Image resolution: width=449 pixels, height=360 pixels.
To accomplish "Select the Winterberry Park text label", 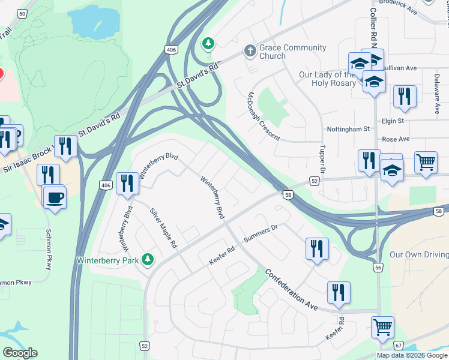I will pos(107,260).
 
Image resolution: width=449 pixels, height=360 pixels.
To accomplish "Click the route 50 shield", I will pos(22,14).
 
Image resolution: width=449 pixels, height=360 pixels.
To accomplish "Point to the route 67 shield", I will pos(399,345).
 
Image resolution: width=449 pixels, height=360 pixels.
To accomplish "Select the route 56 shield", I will pos(378,267).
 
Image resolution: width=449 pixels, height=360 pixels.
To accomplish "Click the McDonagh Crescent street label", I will pos(264,116).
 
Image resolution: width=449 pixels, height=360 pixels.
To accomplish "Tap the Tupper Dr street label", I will pos(322,159).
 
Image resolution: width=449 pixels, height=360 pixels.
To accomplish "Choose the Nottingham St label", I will pos(348,129).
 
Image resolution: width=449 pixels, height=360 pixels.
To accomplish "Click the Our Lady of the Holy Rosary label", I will pos(327,79).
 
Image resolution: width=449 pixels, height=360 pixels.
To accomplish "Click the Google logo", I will pos(20,353).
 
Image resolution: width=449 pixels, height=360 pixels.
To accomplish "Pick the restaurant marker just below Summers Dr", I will pos(317,248).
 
